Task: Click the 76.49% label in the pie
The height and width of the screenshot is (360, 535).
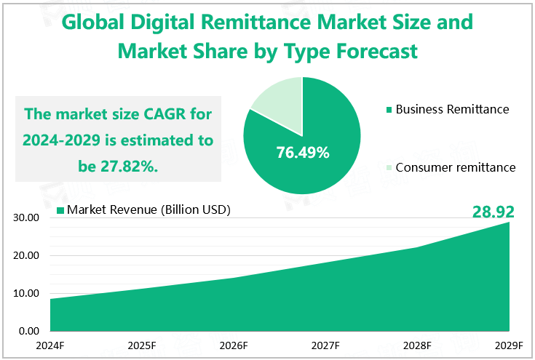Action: [303, 153]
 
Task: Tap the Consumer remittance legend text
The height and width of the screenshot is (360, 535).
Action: [456, 167]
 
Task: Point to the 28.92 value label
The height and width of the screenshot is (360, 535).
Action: [494, 212]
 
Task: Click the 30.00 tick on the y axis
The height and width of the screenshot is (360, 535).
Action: [25, 217]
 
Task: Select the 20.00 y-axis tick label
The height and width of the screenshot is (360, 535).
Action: [25, 256]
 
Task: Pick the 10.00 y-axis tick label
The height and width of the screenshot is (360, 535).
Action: [25, 294]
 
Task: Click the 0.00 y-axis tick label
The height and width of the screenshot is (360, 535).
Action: [28, 332]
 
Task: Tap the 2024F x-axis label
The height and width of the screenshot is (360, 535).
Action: [50, 345]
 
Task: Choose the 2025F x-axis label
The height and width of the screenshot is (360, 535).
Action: [142, 345]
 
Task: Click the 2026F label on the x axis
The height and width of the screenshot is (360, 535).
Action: [234, 345]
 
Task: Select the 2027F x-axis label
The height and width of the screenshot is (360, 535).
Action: [325, 345]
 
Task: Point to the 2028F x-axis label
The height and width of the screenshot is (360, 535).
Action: [417, 345]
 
